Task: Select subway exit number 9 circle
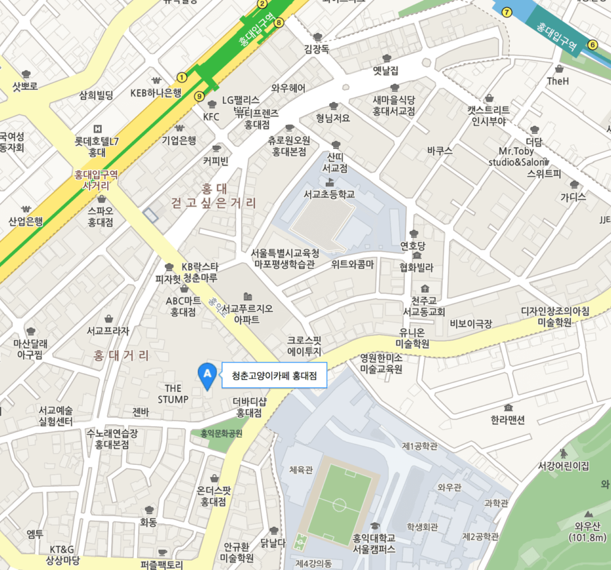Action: (x=199, y=97)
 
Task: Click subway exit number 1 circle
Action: (x=182, y=76)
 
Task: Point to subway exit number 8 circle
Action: (x=279, y=23)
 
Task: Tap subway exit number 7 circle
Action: (x=506, y=12)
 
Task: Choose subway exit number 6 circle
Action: (x=593, y=45)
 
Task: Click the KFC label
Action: (x=212, y=116)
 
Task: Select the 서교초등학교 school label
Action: (x=329, y=194)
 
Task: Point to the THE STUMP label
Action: (x=173, y=393)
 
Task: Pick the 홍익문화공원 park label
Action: (x=217, y=433)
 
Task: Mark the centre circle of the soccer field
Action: (x=339, y=504)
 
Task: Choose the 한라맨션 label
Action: (x=508, y=420)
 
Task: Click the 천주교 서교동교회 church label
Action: (x=424, y=306)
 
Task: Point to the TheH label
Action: (x=558, y=81)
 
